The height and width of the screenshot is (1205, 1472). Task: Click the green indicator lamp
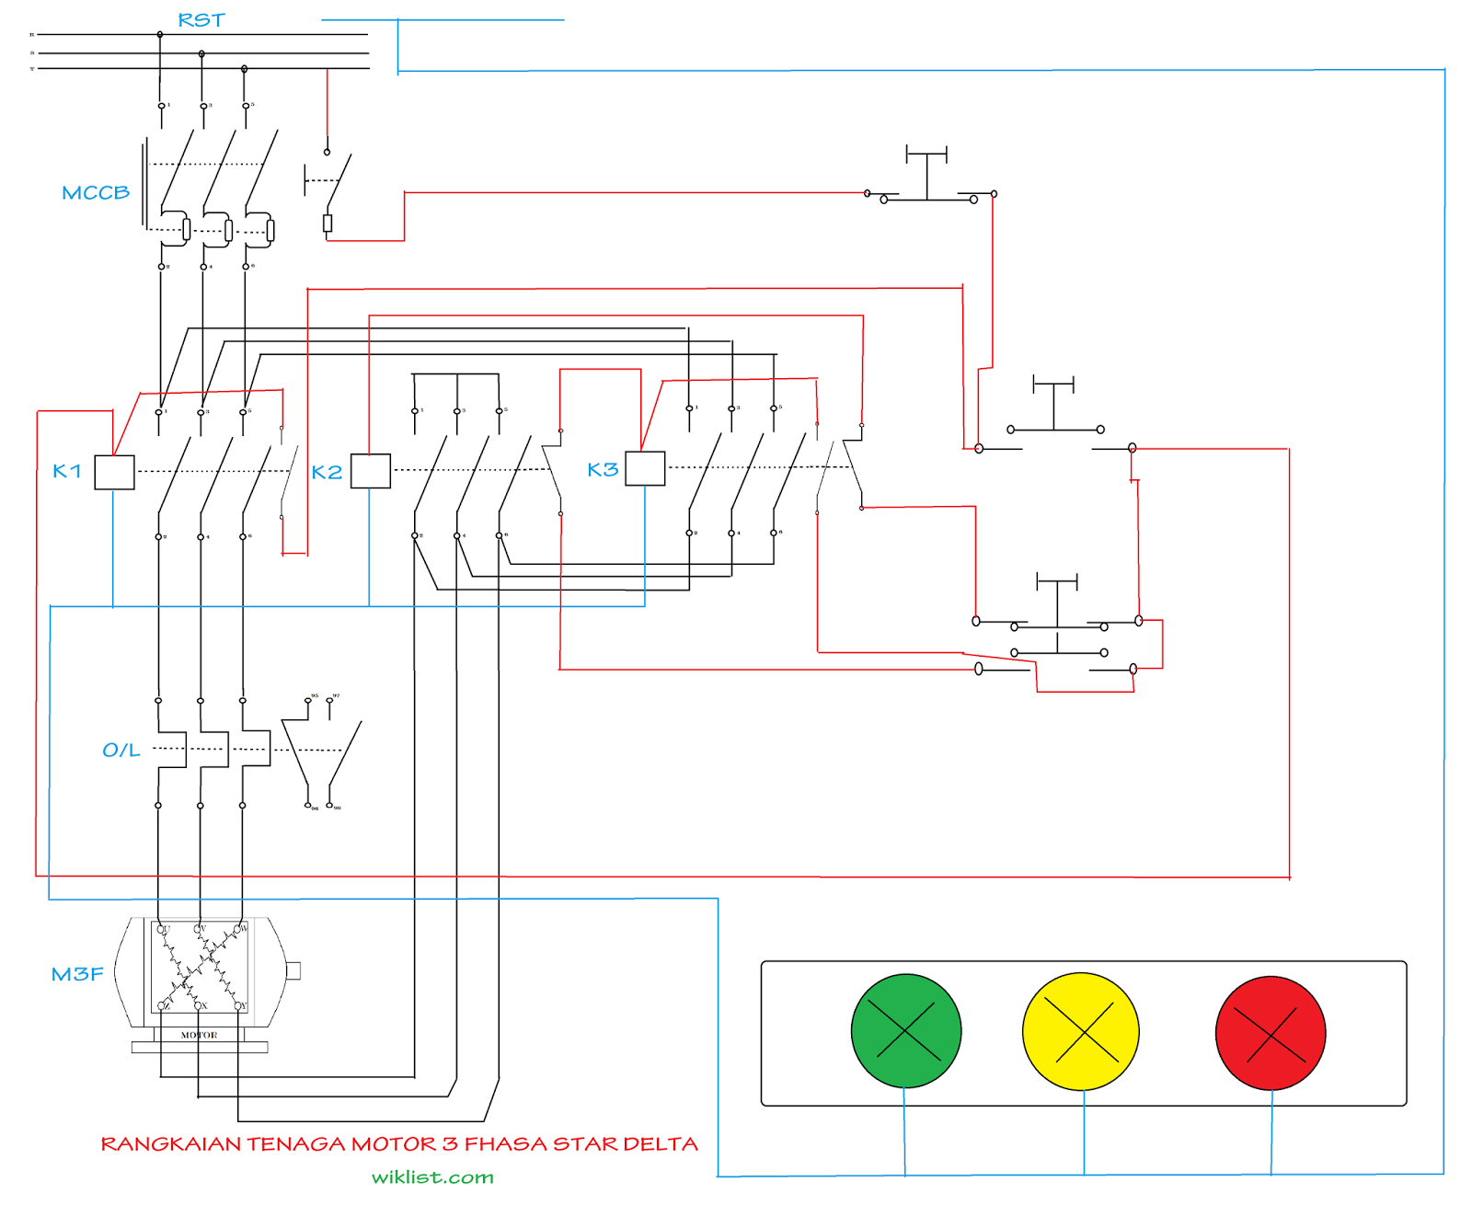pos(906,1030)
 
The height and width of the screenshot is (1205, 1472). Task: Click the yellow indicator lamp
pos(1081,1031)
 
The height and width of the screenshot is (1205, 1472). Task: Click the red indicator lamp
pos(1271,1033)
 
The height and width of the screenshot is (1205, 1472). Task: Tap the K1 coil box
pos(115,472)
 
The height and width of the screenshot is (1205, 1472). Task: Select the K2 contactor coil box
pos(371,471)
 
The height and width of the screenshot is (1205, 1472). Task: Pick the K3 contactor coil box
pos(645,468)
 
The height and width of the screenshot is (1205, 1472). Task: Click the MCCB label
pos(96,193)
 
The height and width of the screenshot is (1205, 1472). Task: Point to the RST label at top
pos(201,20)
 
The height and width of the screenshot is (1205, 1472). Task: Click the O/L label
pos(121,751)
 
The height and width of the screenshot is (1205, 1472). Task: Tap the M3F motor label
pos(77,974)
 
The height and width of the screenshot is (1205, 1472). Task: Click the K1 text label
pos(67,472)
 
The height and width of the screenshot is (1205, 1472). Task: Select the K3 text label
pos(603,470)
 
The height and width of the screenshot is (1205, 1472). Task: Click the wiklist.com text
pos(432,1177)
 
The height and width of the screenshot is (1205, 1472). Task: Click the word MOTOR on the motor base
pos(199,1035)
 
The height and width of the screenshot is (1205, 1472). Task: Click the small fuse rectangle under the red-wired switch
pos(328,223)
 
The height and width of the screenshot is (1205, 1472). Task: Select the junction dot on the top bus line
pos(160,34)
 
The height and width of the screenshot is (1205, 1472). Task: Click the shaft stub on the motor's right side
pos(293,970)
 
